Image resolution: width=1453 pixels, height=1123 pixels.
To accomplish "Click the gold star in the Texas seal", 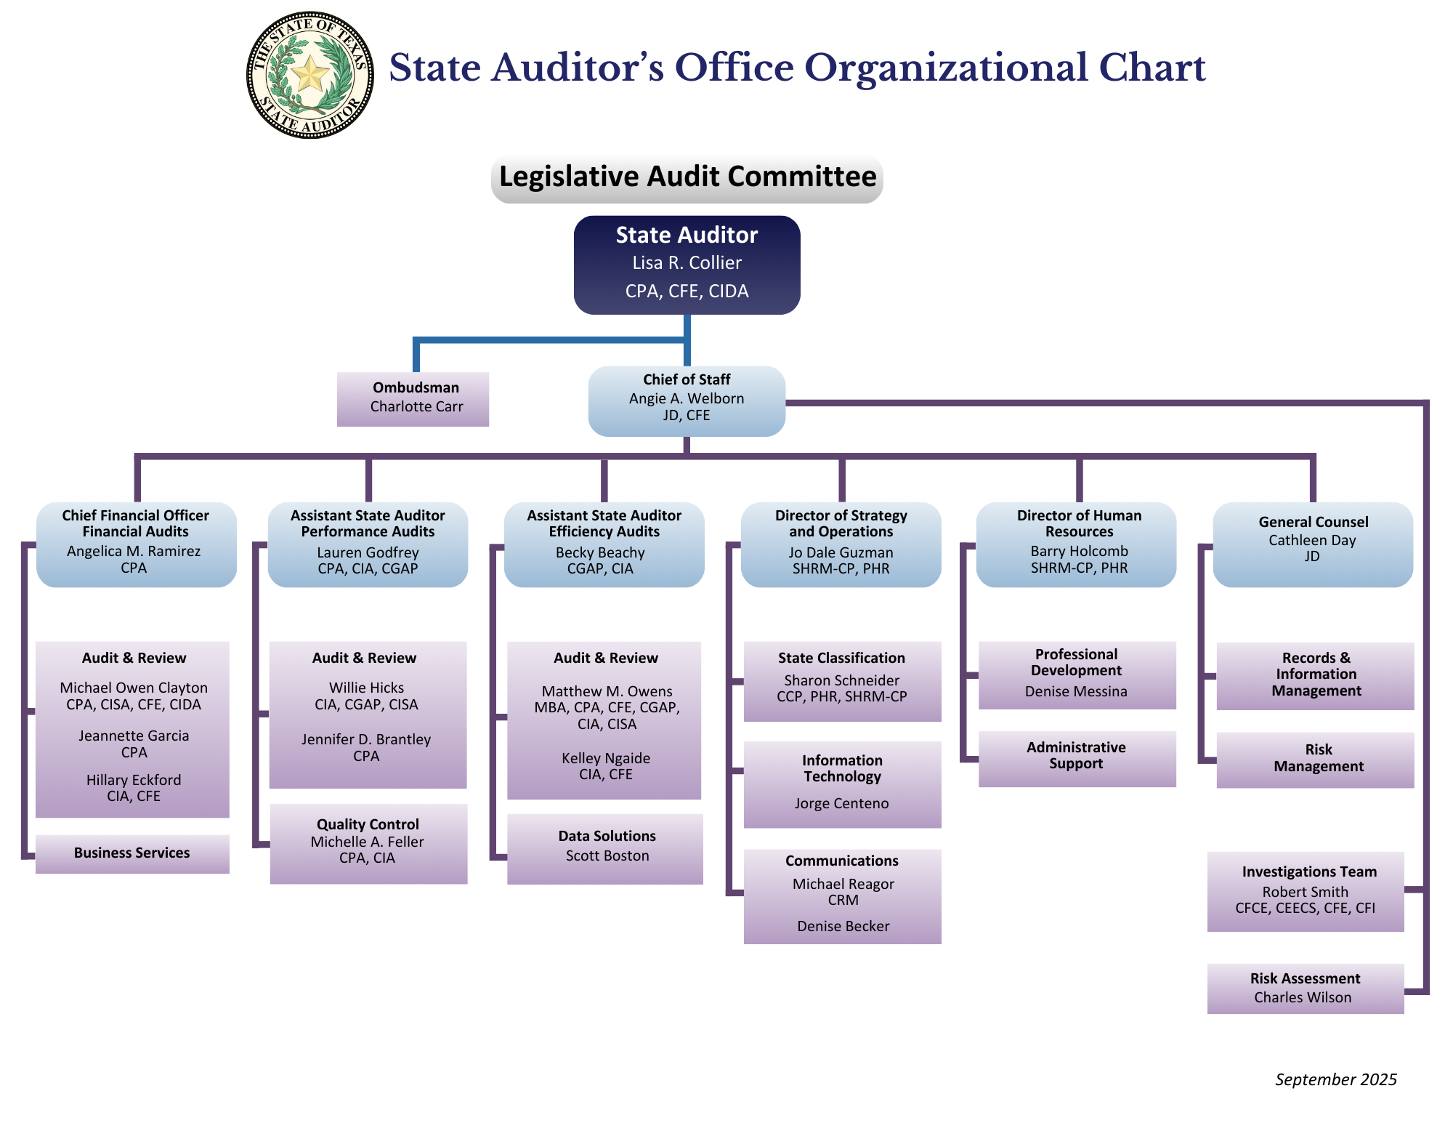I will (x=311, y=74).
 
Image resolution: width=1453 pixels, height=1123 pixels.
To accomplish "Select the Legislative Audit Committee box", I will (x=687, y=177).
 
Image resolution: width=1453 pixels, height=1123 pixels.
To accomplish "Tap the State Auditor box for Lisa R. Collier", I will (x=687, y=265).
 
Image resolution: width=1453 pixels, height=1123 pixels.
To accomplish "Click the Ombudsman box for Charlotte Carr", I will (x=413, y=398).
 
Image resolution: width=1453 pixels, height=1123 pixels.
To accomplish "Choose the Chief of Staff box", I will (x=687, y=401).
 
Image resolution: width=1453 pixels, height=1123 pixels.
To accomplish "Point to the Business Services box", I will (x=132, y=853).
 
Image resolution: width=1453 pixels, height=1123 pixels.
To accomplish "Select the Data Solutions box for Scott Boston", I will (x=605, y=848).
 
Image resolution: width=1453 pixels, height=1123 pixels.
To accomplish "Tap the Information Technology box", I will (x=842, y=784).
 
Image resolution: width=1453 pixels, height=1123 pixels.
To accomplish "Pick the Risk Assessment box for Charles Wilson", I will (x=1305, y=988).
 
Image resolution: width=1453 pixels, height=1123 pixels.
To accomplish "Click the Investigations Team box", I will (x=1305, y=890).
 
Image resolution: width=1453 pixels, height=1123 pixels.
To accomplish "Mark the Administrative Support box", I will (x=1077, y=758).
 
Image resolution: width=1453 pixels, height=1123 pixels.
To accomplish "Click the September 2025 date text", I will (x=1335, y=1079).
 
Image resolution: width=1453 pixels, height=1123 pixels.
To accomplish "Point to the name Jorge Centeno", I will (x=841, y=803).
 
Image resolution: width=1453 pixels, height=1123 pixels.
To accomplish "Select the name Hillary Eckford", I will (x=134, y=780).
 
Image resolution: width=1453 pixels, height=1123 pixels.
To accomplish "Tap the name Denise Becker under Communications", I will (x=843, y=926).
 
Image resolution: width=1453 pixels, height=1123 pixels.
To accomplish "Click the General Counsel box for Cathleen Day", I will (x=1313, y=544).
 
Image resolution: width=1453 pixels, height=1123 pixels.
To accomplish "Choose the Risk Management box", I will (x=1315, y=759).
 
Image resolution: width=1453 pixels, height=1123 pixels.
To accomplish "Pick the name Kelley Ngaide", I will (x=606, y=758).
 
